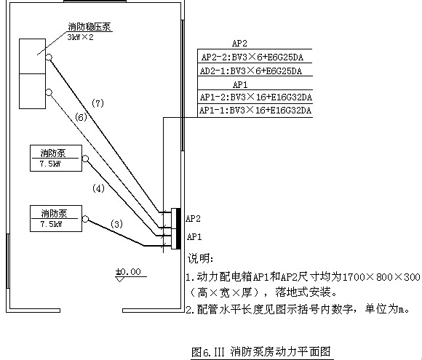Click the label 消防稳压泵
(x=89, y=27)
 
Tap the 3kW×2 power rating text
(x=80, y=37)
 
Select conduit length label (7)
(x=97, y=103)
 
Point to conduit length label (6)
(x=81, y=117)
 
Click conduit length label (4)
(x=98, y=188)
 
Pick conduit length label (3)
(x=116, y=224)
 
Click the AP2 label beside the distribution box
(x=193, y=218)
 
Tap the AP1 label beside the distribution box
(x=194, y=237)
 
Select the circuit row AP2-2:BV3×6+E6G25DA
(x=252, y=57)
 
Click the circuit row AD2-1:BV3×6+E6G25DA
(x=251, y=71)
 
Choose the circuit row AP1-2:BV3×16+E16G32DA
(x=255, y=97)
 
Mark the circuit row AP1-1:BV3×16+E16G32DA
(x=255, y=111)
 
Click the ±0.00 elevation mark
(x=128, y=272)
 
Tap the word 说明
(x=201, y=258)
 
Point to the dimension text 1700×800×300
(x=381, y=277)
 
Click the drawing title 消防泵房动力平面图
(x=280, y=351)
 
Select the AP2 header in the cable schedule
(x=239, y=44)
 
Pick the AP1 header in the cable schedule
(x=240, y=85)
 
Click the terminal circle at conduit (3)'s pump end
(x=85, y=219)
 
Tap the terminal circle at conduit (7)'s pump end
(x=49, y=57)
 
